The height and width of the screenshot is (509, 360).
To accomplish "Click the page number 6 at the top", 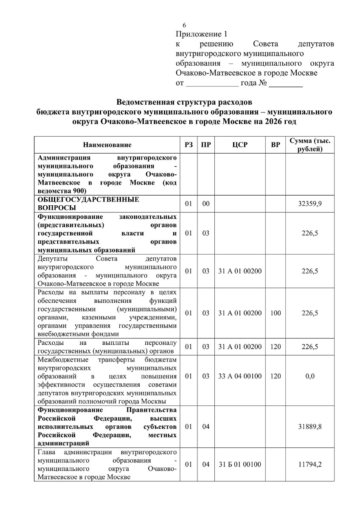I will [184, 25].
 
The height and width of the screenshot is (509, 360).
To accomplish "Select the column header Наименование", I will [107, 145].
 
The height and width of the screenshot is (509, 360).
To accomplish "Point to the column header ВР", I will [276, 145].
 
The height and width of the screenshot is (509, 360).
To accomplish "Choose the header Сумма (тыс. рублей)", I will [310, 145].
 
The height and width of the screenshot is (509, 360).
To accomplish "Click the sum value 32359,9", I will [310, 204].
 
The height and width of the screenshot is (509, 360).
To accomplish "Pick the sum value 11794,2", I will [310, 464].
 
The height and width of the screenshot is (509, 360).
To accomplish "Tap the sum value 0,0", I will [310, 376].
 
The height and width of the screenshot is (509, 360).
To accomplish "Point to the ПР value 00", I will [206, 204].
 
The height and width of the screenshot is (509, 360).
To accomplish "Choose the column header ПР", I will [206, 145].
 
